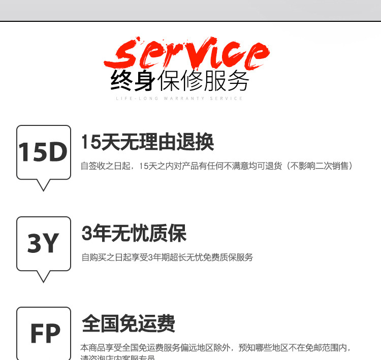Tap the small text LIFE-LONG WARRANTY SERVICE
point(179,99)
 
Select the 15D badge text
point(43,152)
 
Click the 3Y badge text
point(43,244)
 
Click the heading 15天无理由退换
point(148,142)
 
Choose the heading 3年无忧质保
point(134,234)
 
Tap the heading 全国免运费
point(129,323)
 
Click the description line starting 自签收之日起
point(216,166)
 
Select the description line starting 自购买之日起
point(167,257)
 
